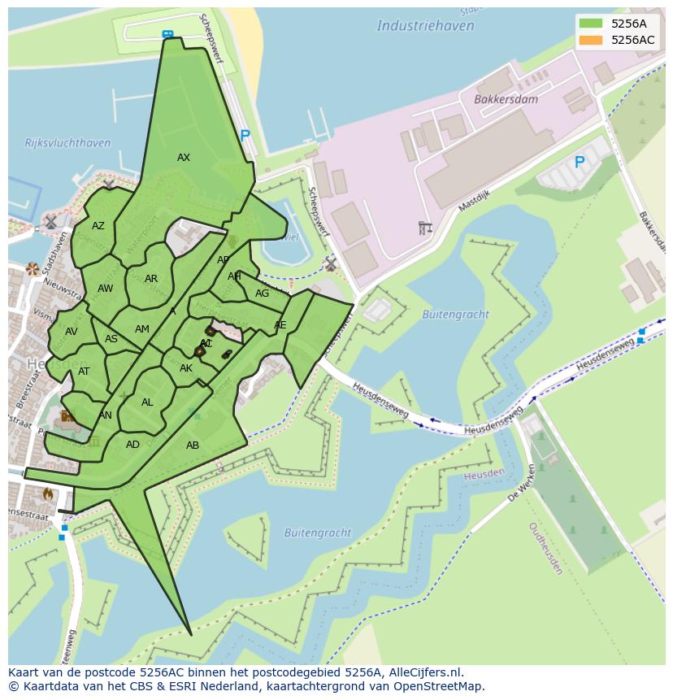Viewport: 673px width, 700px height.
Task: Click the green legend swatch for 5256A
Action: (591, 24)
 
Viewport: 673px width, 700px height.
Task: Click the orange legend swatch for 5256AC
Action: (591, 40)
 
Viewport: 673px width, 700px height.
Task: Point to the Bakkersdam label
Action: (506, 99)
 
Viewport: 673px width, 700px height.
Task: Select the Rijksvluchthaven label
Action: (67, 143)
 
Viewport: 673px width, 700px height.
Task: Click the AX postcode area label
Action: (184, 158)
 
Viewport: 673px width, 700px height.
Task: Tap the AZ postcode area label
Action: (98, 227)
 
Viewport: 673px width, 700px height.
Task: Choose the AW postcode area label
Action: (106, 289)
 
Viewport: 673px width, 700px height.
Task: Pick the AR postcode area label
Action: (151, 279)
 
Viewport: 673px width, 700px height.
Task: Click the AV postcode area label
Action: (72, 332)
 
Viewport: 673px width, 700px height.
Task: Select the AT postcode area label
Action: (84, 372)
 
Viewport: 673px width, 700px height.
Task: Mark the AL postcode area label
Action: (147, 402)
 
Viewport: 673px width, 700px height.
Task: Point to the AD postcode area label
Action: (132, 445)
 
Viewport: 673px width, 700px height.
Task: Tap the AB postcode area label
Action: (193, 446)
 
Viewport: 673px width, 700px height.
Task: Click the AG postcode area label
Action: (262, 293)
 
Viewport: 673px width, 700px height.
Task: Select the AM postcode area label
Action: (142, 329)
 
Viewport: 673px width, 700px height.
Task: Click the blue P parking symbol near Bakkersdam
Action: (580, 163)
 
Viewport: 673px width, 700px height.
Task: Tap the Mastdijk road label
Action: (475, 199)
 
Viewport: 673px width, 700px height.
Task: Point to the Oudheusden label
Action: (545, 548)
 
